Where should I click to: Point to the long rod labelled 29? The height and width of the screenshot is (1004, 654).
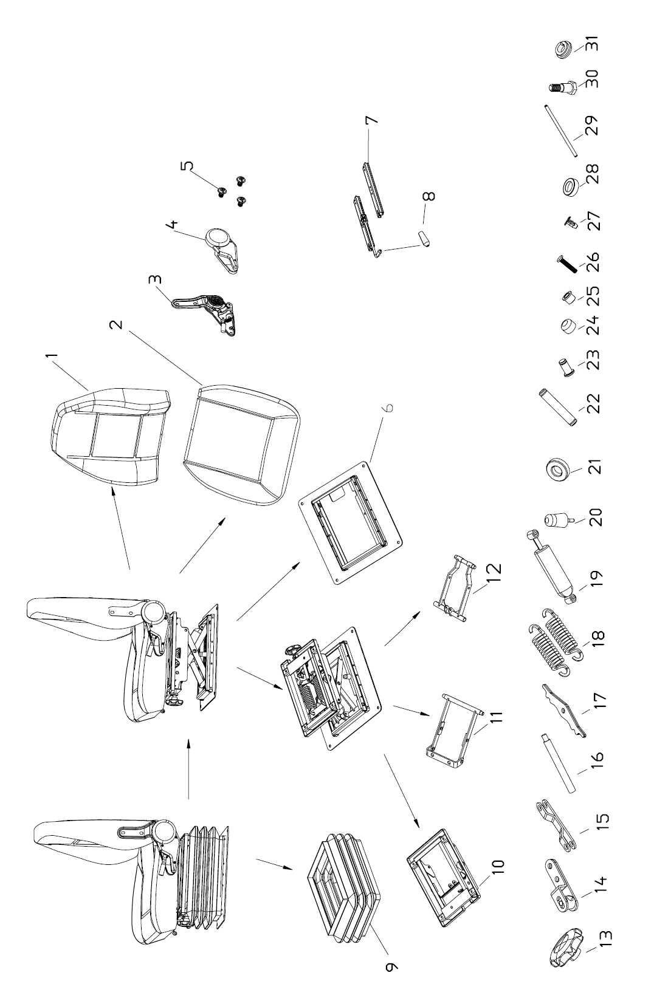point(559,130)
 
